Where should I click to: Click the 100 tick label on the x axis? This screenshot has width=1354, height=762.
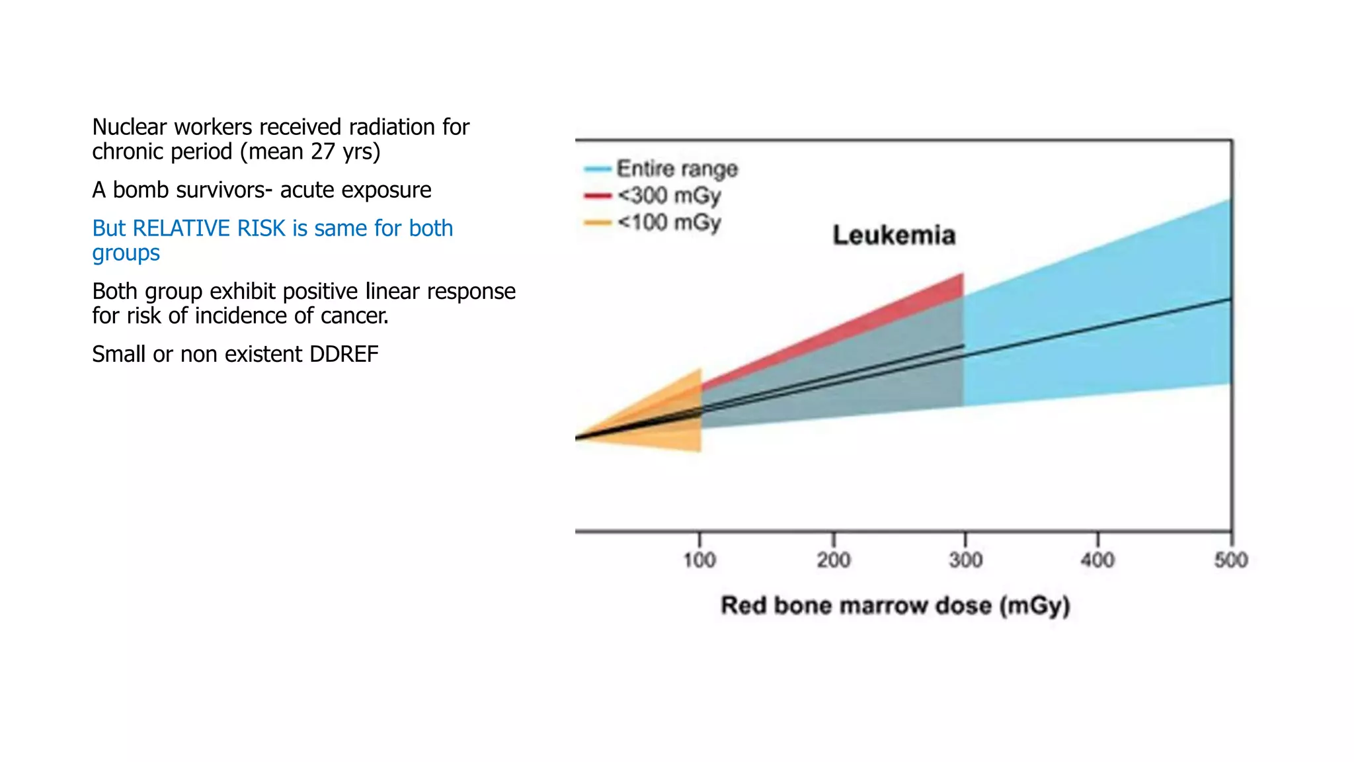coord(699,560)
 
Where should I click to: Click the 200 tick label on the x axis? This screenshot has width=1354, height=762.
coord(833,560)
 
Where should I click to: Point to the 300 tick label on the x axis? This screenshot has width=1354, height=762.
coord(965,560)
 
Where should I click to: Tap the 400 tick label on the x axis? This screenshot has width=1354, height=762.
coord(1097,560)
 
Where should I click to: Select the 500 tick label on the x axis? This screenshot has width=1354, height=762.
coord(1230,560)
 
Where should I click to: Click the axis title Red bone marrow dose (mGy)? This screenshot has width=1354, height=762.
coord(895,605)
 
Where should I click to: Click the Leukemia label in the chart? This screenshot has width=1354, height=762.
coord(894,235)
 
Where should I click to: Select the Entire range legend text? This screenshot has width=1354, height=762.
coord(677,169)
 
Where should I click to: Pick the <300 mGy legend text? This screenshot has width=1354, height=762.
coord(668,196)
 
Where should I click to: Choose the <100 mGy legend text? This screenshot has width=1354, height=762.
coord(668,223)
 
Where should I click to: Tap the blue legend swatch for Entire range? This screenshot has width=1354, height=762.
coord(597,169)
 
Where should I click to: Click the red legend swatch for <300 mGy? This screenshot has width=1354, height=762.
coord(597,196)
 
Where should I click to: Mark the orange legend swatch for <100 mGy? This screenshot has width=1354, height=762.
coord(597,223)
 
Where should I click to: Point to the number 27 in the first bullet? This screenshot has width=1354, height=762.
coord(323,151)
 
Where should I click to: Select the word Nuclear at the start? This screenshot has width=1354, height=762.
coord(130,126)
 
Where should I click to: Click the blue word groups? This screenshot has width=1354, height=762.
coord(126,253)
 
